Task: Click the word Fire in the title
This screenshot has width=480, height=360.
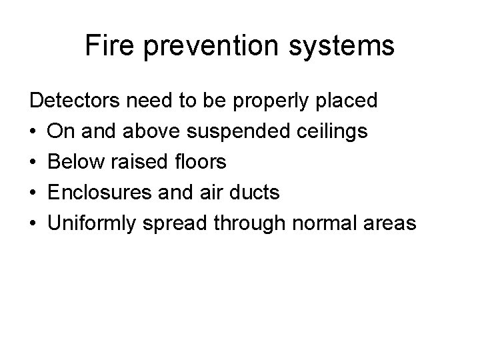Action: pyautogui.click(x=107, y=46)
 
